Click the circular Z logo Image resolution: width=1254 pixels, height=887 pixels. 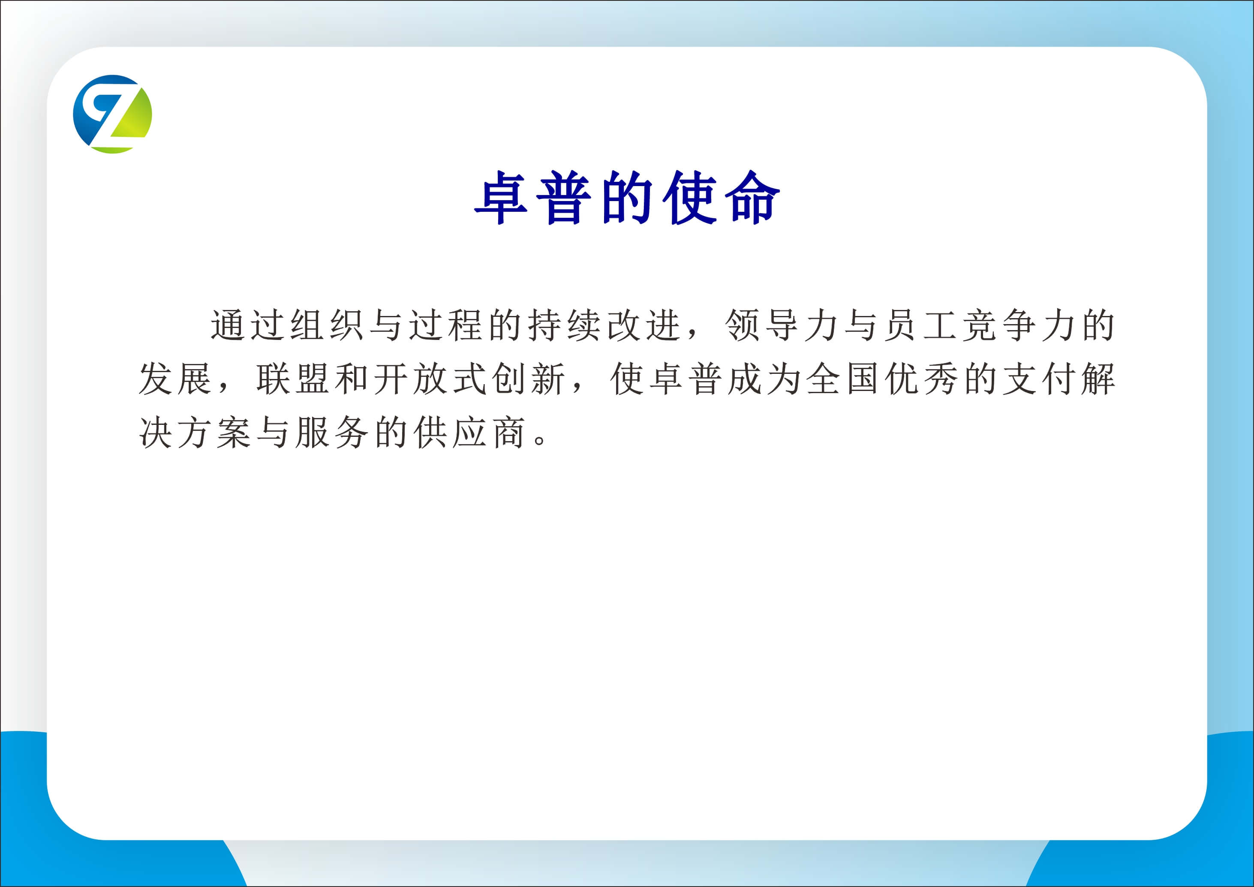click(x=112, y=114)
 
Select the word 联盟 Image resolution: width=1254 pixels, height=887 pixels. click(x=293, y=379)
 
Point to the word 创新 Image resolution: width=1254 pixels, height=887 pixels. click(x=528, y=379)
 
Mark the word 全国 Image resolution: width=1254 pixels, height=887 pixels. click(x=842, y=379)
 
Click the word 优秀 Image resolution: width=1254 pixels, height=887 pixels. click(x=921, y=379)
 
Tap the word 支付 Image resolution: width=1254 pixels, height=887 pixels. click(x=1039, y=379)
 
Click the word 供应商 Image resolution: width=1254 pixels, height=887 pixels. click(x=469, y=433)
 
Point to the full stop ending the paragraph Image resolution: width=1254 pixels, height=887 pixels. click(x=540, y=440)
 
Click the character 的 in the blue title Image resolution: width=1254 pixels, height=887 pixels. click(x=627, y=197)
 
